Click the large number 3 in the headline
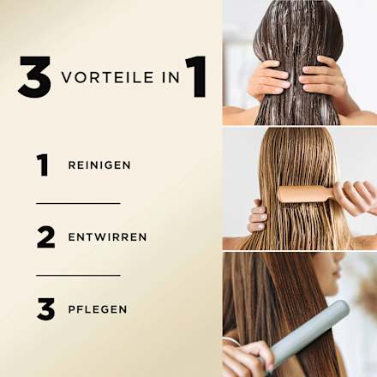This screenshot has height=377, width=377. (34, 77)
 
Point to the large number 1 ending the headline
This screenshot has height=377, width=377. (195, 77)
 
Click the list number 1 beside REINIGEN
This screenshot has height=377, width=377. (43, 165)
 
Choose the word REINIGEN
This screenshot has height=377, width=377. (99, 165)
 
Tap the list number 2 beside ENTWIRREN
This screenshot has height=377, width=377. (45, 236)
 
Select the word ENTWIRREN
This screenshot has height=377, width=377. (107, 237)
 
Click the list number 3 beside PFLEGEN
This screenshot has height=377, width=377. (45, 308)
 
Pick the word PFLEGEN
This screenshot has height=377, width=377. (97, 309)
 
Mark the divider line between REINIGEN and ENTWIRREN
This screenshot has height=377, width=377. (78, 203)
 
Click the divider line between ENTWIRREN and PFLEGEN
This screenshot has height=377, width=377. (78, 275)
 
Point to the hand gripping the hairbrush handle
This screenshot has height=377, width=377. (356, 197)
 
